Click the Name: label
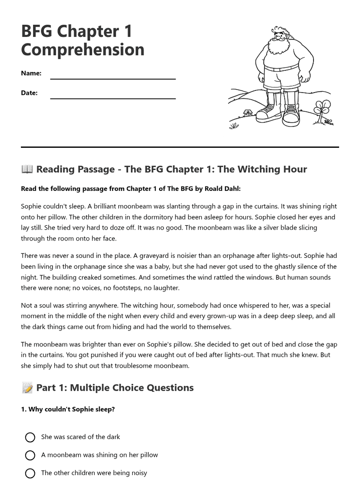(31, 73)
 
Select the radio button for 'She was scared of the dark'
(30, 437)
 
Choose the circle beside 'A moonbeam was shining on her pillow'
(30, 455)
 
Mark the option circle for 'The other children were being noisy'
(30, 473)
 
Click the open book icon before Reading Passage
(27, 169)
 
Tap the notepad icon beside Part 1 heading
(27, 388)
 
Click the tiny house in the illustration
(247, 113)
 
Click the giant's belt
(281, 68)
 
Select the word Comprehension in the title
(83, 50)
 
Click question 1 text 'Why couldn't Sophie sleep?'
(71, 409)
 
